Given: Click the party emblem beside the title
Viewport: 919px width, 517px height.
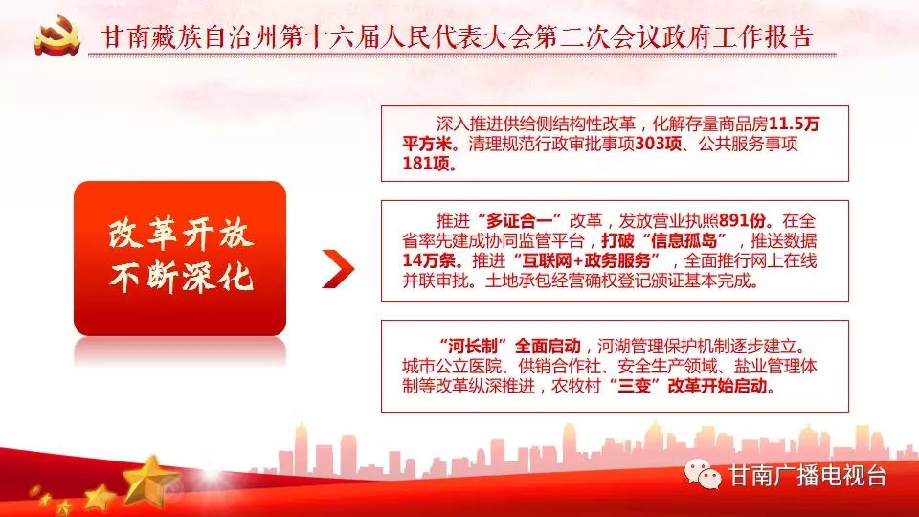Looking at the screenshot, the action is [x=57, y=35].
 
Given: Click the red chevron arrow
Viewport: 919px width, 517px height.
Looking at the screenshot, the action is [x=338, y=269].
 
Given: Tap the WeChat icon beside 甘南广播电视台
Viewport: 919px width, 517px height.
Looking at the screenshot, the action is [x=703, y=474].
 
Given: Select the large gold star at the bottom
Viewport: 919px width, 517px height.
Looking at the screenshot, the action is [x=150, y=480].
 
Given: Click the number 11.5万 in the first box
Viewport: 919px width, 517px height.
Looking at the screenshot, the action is [x=795, y=124].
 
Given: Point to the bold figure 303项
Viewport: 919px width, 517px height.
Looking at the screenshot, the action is [x=659, y=144].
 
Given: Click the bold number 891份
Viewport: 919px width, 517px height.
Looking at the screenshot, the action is [x=742, y=221].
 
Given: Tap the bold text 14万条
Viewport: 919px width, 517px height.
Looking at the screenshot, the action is [x=429, y=260].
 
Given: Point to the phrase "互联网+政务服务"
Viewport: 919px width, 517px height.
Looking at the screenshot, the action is [x=586, y=260].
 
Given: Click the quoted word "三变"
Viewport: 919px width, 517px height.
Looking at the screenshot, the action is [x=635, y=386].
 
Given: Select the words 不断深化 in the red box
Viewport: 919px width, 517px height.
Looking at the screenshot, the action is [x=181, y=278].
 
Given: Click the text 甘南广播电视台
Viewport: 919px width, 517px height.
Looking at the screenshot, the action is [x=807, y=476].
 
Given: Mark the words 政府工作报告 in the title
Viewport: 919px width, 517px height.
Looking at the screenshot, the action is [x=716, y=36].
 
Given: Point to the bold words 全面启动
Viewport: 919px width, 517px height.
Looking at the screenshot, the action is [x=548, y=347].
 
